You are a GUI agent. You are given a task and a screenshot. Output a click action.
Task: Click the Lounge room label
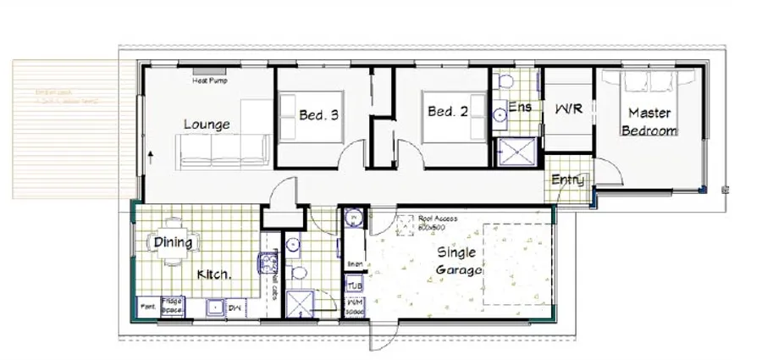(207, 125)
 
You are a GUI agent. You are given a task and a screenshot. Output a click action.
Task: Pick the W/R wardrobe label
(570, 111)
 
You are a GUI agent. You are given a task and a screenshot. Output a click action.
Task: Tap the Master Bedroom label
(649, 122)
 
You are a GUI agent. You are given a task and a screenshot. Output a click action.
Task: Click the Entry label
(566, 180)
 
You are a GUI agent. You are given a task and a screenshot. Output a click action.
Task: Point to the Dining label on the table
(174, 243)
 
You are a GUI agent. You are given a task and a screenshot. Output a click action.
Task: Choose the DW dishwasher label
(235, 306)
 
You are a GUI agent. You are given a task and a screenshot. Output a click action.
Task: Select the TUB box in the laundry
(354, 286)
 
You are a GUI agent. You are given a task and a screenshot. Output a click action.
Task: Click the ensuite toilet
(506, 82)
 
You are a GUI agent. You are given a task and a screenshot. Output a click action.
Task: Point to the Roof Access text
(438, 219)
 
